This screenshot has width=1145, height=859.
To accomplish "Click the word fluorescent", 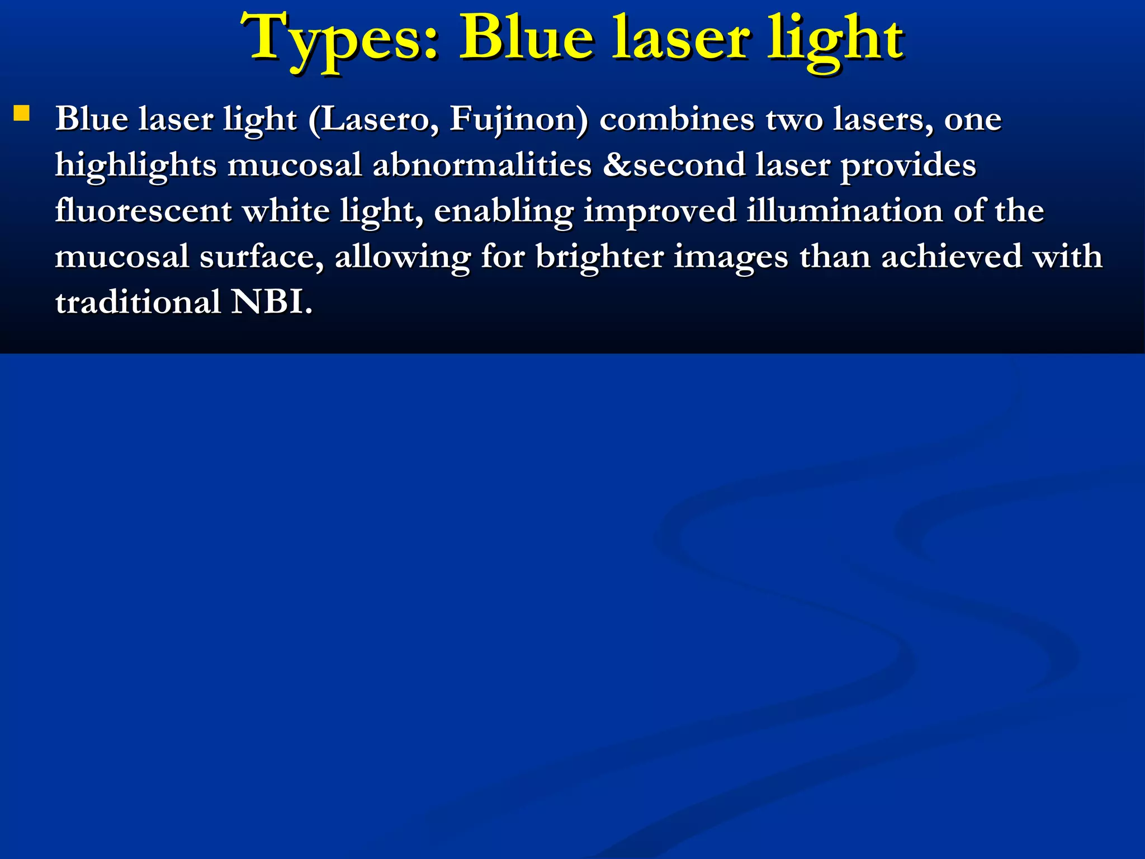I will [x=143, y=211].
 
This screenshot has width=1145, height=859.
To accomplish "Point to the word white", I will [x=286, y=211].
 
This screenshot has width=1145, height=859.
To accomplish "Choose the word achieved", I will [x=950, y=257].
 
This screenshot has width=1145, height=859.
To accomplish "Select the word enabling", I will [x=503, y=212].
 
